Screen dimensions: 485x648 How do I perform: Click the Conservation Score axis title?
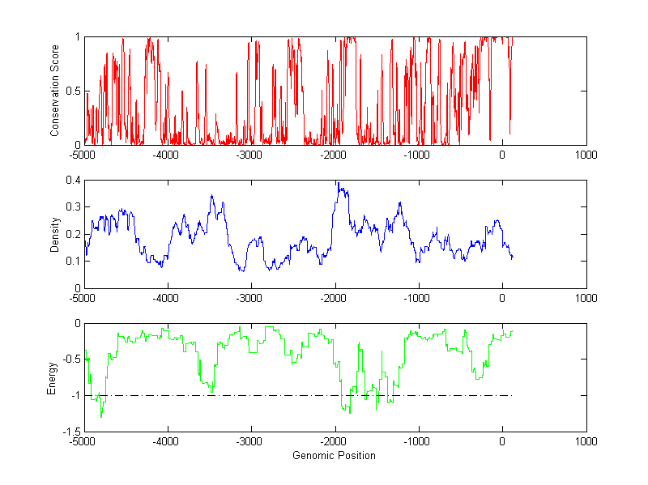click(55, 91)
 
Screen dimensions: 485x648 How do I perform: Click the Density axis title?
click(55, 234)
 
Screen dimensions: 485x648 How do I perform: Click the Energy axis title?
click(52, 377)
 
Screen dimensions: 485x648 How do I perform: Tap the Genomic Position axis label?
click(334, 455)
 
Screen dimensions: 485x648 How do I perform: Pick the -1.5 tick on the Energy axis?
click(71, 432)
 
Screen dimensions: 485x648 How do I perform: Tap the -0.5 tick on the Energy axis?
click(71, 359)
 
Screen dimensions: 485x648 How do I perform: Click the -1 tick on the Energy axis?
click(75, 396)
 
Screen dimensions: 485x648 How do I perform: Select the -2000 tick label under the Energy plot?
click(334, 441)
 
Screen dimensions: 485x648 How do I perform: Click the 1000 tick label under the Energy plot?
click(586, 441)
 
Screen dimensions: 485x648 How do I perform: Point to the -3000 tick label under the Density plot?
click(250, 298)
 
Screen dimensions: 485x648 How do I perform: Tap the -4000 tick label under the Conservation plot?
click(167, 155)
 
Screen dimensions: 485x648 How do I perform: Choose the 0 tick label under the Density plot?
click(502, 298)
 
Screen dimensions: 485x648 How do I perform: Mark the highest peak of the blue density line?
click(338, 182)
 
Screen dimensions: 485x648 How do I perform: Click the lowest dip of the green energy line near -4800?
click(101, 416)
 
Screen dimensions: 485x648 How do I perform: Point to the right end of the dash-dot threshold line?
click(513, 396)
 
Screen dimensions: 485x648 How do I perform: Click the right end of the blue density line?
click(513, 257)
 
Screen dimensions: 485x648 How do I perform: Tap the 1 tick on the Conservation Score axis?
click(77, 36)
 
